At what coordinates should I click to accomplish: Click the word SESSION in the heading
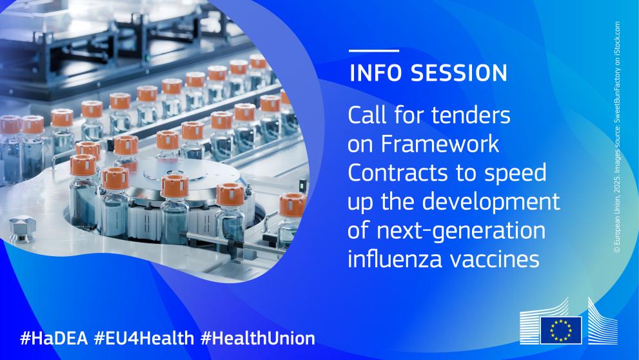pyautogui.click(x=458, y=73)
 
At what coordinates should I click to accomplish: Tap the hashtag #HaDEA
pyautogui.click(x=54, y=338)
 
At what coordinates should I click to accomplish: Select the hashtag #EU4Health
pyautogui.click(x=144, y=338)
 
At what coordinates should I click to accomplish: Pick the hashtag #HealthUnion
pyautogui.click(x=257, y=338)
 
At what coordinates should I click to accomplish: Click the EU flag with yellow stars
pyautogui.click(x=561, y=330)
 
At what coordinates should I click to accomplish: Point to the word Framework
pyautogui.click(x=440, y=144)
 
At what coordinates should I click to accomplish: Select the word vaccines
pyautogui.click(x=493, y=259)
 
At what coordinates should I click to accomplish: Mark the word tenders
pyautogui.click(x=471, y=115)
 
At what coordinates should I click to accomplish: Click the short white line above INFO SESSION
pyautogui.click(x=374, y=50)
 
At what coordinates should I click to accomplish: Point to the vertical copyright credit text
pyautogui.click(x=618, y=137)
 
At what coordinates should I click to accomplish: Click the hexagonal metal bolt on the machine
pyautogui.click(x=23, y=228)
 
